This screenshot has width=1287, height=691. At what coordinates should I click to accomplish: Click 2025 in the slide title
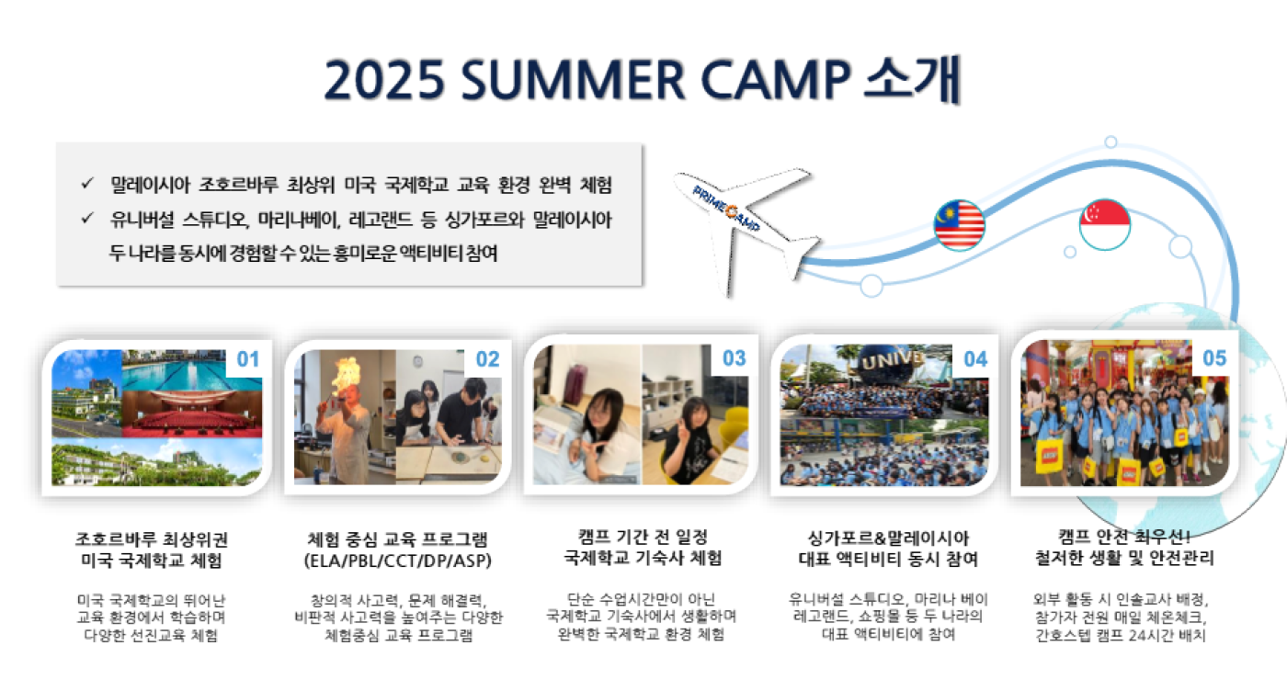coord(384,80)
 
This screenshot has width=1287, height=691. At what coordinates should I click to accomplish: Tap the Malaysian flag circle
coord(959,225)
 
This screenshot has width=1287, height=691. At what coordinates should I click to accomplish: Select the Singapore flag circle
coord(1104,224)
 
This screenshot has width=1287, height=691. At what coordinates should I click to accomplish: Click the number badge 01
coord(248,359)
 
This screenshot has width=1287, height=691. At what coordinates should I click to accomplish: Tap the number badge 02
coord(488,359)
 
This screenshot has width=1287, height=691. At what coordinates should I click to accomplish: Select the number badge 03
coord(735,358)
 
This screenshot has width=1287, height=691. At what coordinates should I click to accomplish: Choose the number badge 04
coord(975,359)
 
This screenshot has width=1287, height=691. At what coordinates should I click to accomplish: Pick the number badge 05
coord(1214,358)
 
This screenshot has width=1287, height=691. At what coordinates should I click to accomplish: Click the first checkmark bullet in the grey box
coord(87,183)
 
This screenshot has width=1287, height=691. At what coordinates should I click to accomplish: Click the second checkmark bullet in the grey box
coord(87,218)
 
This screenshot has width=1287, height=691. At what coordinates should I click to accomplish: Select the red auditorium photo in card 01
coord(192,413)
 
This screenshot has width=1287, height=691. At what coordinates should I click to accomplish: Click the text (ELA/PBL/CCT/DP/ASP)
coord(397,561)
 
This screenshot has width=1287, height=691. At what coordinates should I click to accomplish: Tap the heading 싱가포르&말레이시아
coord(888,538)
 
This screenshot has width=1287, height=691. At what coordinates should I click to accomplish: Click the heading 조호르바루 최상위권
coord(152,539)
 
